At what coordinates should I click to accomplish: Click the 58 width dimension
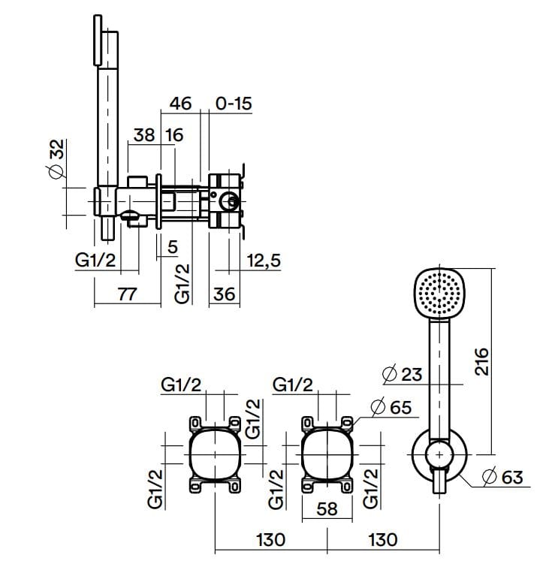point(327,509)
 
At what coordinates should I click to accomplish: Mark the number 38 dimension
point(144,135)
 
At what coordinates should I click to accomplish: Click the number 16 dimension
point(174,135)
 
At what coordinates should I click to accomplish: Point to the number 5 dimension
point(172,246)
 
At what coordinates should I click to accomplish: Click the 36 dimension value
point(224,294)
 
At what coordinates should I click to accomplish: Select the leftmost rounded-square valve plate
point(216,455)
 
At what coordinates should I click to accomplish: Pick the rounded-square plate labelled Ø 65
point(327,455)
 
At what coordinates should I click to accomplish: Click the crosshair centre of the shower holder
point(439,455)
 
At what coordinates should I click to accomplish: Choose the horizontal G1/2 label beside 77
point(97,260)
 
